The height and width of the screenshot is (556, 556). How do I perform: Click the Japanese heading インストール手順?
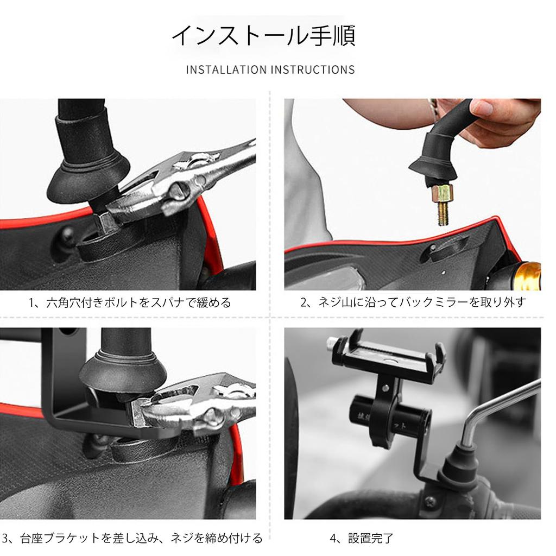coord(263,36)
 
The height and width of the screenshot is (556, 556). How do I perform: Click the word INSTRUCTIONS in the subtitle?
coord(313,70)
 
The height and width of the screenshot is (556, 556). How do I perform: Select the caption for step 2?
coord(413,302)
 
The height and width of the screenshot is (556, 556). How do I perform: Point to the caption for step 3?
coord(132,538)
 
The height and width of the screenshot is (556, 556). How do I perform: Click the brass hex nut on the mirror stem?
coord(442,192)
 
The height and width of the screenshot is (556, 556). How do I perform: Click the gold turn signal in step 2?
coord(527,275)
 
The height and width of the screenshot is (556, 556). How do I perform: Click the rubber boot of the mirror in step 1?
coord(88,174)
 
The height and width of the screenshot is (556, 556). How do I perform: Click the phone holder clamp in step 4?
coord(389,355)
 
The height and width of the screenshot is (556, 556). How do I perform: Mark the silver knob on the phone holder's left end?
coord(332,343)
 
